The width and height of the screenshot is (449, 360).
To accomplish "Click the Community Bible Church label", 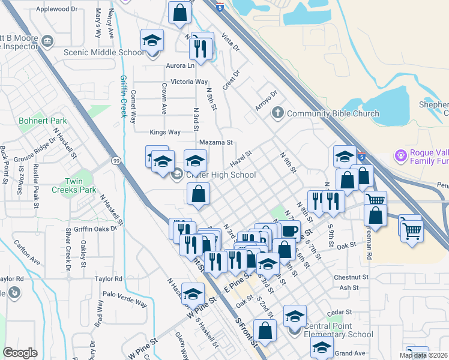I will [x=333, y=113].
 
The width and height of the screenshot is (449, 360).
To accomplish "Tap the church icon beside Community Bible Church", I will [x=277, y=113].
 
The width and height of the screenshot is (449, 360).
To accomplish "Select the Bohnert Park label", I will [x=43, y=121].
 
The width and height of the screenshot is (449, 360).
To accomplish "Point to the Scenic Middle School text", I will [x=104, y=52].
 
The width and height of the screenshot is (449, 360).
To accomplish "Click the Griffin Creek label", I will [x=124, y=97].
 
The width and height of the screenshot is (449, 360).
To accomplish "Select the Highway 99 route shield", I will [x=115, y=160].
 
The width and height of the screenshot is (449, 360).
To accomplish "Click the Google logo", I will [x=20, y=353].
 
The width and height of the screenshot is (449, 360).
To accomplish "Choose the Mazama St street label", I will [x=215, y=143].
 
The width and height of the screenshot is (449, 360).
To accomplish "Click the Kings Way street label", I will [x=164, y=132].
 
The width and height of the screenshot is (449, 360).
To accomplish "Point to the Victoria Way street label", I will [x=189, y=82].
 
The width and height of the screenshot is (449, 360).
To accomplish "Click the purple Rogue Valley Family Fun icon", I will [x=401, y=155].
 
